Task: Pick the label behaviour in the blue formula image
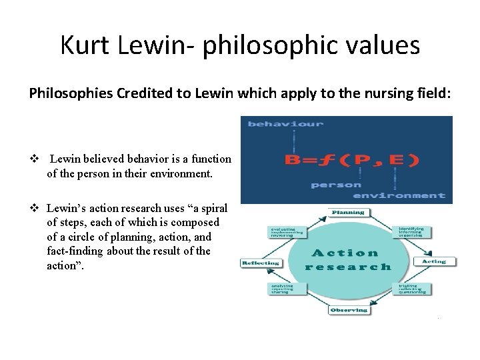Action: coord(285,123)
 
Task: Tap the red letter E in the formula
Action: coord(398,160)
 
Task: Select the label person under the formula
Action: coord(337,184)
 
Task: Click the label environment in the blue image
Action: coord(399,195)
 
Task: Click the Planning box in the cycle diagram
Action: coord(348,213)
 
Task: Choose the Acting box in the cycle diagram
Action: coord(433,261)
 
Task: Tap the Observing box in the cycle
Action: coord(349,310)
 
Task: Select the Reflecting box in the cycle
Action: coord(261,263)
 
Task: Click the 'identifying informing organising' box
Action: coord(415,231)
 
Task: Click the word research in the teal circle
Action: coord(348,267)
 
